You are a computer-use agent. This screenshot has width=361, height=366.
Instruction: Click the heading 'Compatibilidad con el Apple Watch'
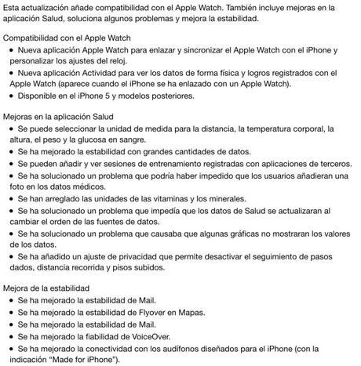[67, 38]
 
